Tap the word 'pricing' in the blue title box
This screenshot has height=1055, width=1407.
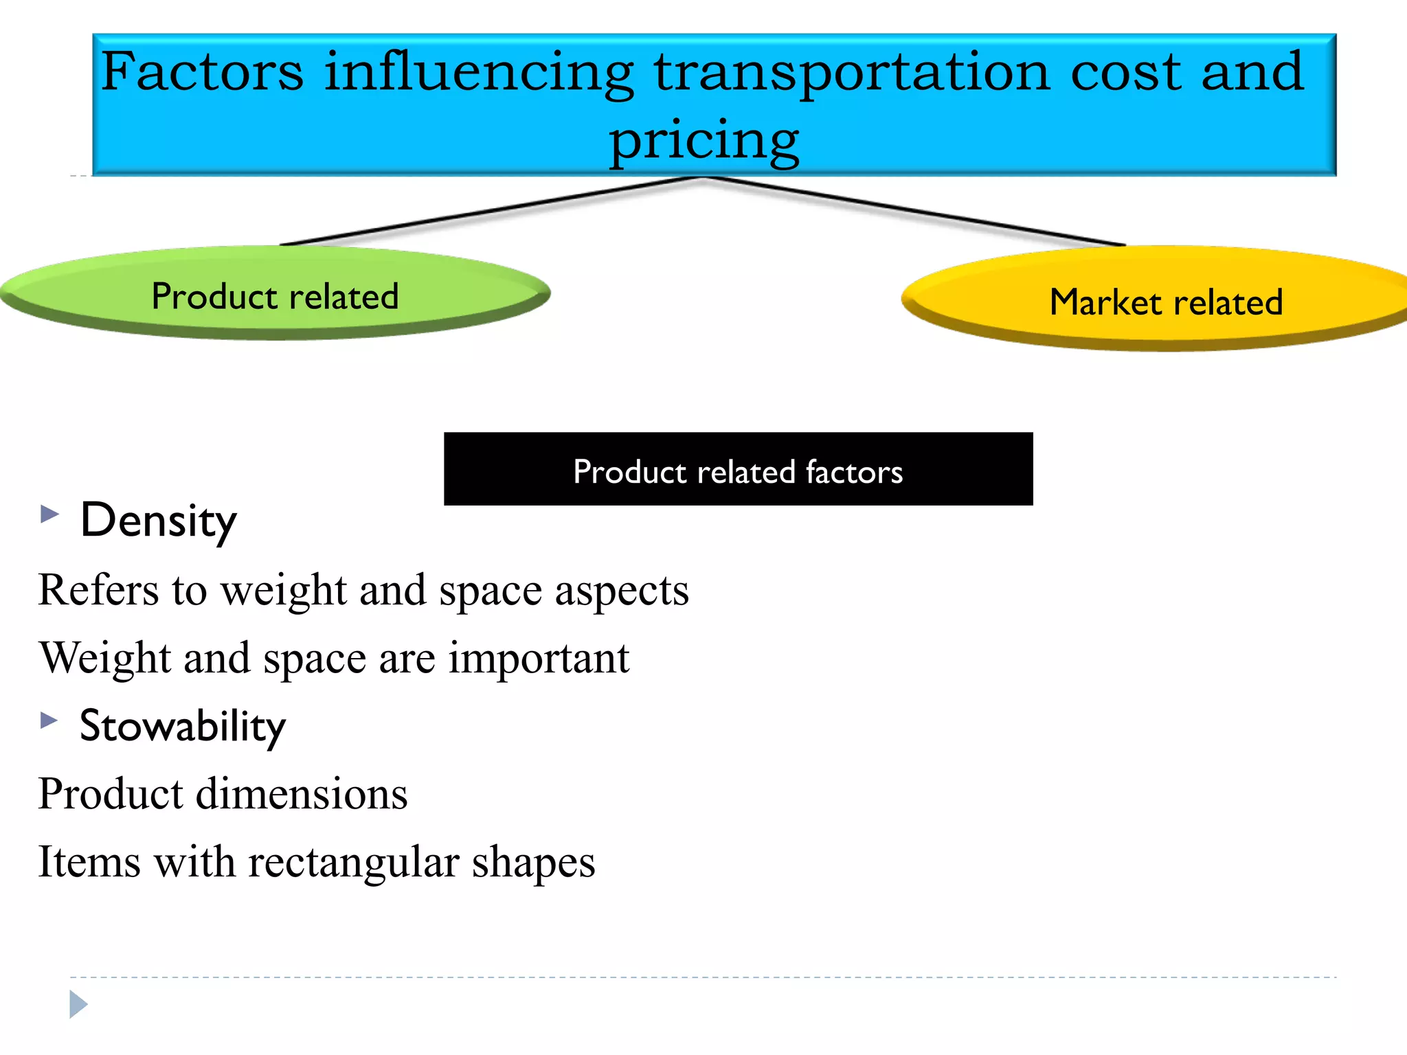coord(704,140)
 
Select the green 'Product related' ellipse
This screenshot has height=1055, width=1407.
coord(275,295)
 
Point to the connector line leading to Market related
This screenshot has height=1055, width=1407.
coord(914,211)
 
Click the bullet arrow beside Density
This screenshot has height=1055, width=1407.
coord(49,514)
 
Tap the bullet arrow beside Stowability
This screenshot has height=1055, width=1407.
coord(49,720)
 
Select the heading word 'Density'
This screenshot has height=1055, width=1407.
coord(159,521)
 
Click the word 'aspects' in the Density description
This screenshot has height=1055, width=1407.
coord(622,591)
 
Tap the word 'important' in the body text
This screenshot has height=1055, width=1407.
coord(539,658)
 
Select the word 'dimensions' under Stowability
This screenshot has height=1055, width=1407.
coord(302,794)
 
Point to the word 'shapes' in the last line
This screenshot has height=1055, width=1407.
coord(533,862)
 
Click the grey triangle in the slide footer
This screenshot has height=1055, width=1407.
coord(78,1004)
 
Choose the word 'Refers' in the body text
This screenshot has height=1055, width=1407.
coord(98,591)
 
